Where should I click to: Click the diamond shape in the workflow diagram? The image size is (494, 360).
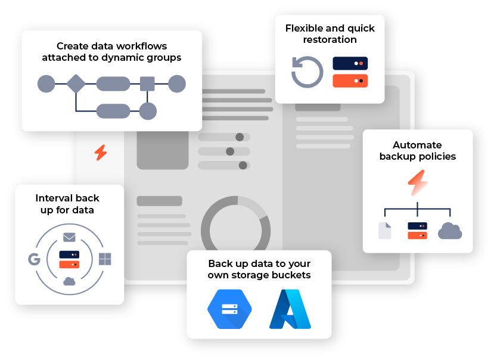76,84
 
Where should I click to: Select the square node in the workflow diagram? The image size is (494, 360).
147,84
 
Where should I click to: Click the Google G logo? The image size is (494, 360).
33,259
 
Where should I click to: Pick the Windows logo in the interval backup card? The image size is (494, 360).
105,259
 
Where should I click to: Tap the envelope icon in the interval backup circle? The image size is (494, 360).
69,237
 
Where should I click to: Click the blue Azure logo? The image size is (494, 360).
290,309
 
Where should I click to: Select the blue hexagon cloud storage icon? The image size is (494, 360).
229,309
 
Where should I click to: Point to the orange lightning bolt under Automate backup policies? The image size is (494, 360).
418,183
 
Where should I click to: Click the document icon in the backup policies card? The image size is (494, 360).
385,231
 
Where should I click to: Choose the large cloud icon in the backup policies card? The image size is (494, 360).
450,231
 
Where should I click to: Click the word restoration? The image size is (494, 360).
330,40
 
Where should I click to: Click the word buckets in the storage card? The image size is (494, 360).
290,275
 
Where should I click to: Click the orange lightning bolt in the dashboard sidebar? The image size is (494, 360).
101,153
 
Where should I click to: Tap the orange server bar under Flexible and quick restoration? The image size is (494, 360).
350,80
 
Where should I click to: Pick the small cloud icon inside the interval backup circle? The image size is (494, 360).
69,281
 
